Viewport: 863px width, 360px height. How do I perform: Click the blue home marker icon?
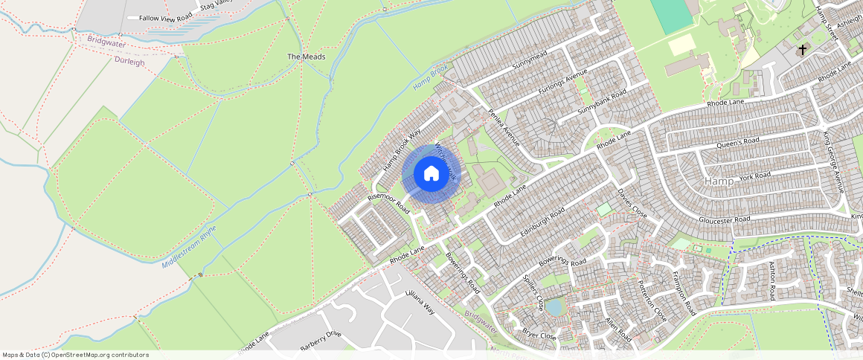(x=431, y=174)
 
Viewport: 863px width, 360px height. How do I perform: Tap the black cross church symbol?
(x=802, y=50)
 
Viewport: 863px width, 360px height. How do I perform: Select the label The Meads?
(x=306, y=57)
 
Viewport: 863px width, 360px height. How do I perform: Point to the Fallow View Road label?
(x=165, y=17)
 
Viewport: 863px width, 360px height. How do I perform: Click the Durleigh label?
(x=130, y=62)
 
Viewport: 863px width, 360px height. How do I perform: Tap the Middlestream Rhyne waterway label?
(x=189, y=245)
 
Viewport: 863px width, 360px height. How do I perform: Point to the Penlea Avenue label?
(x=504, y=127)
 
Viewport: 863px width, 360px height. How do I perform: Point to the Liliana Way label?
(x=419, y=303)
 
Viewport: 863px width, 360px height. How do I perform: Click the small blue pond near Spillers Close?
(x=554, y=306)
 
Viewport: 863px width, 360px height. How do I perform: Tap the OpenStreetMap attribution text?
(x=75, y=355)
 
